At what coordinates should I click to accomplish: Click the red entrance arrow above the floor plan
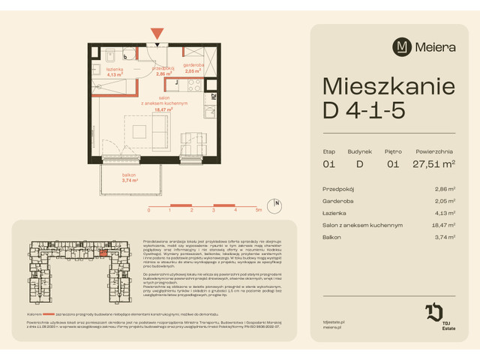tap(156, 34)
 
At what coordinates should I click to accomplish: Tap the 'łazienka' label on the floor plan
tap(114, 70)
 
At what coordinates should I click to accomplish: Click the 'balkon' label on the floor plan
tap(111, 175)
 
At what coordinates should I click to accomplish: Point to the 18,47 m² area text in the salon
tap(163, 109)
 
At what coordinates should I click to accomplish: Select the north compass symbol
tap(277, 204)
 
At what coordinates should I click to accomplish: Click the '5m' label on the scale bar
tap(258, 211)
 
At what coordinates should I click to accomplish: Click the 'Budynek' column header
tap(360, 151)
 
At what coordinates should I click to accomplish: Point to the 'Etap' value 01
tap(328, 164)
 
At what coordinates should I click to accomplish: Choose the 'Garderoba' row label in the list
tap(339, 202)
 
